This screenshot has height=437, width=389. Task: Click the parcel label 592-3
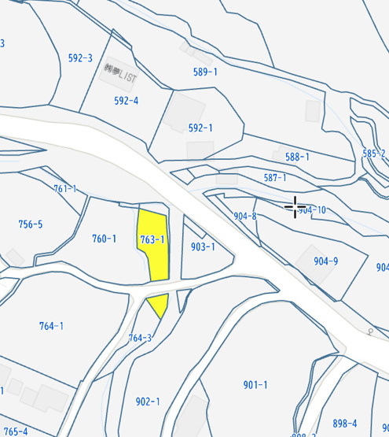[80, 58]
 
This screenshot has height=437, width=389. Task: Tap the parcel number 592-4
[126, 101]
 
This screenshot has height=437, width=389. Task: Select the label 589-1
[205, 72]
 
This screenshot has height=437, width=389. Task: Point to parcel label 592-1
[200, 128]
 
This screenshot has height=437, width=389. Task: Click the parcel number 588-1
[297, 157]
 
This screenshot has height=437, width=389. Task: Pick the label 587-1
[275, 178]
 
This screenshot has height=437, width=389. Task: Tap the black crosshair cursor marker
[295, 207]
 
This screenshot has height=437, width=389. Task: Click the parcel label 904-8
[245, 216]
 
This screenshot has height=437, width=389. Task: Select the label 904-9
[325, 261]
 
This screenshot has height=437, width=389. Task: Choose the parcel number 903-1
[203, 246]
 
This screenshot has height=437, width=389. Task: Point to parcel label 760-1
[104, 239]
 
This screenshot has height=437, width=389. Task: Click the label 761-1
[65, 189]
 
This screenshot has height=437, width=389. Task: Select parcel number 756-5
[31, 224]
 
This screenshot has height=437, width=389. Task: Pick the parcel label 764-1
[51, 326]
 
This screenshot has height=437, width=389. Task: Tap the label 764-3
[140, 338]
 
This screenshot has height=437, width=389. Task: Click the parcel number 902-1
[147, 402]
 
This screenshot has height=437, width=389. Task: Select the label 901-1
[255, 385]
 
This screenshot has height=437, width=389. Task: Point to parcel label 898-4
[344, 424]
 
